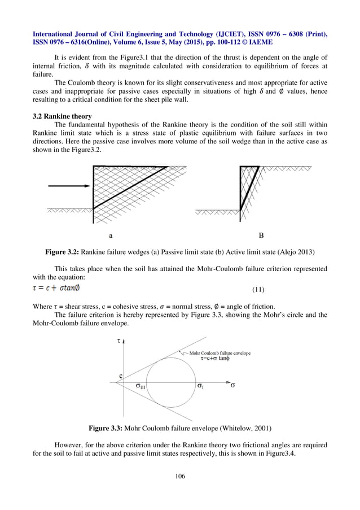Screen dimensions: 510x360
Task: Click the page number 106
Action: (x=180, y=477)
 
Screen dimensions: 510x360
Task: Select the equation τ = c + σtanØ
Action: (x=56, y=289)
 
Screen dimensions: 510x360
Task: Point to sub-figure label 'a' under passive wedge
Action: (x=110, y=234)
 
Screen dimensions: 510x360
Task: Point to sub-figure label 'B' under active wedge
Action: (x=261, y=234)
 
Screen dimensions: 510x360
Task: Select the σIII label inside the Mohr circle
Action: (x=140, y=386)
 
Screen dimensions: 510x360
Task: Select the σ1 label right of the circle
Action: (x=200, y=386)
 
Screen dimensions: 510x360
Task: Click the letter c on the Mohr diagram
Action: (x=120, y=375)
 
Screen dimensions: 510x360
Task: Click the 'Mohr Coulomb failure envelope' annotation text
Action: (x=219, y=353)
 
